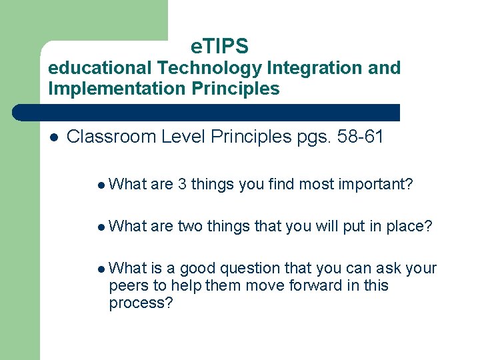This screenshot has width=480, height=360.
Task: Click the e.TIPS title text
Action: coord(219,46)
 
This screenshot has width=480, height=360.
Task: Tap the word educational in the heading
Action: coord(100,68)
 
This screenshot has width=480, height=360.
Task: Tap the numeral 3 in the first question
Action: coord(182,184)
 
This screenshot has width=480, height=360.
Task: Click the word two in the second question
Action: coord(191,227)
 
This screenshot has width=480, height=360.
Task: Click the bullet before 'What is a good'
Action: coord(100,269)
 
